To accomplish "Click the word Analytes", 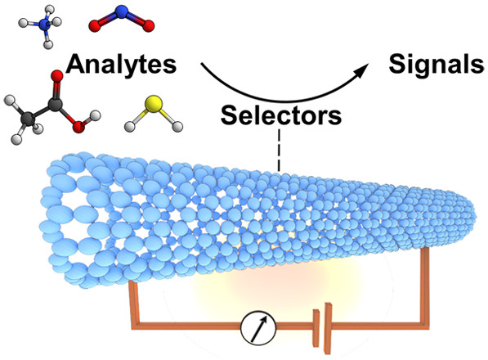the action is click(x=121, y=65).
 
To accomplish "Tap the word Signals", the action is click(x=437, y=65).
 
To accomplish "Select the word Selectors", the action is click(x=281, y=115).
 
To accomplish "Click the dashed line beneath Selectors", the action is click(x=280, y=151).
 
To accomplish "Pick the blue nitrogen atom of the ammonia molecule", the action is click(x=45, y=25).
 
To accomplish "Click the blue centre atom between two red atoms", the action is click(x=122, y=11).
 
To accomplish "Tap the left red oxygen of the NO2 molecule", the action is click(x=95, y=26).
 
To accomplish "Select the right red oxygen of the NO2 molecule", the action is click(x=149, y=26).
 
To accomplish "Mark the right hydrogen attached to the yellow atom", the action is click(x=177, y=127).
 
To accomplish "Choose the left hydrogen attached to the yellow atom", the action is click(x=129, y=127).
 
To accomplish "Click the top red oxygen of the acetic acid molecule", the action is click(x=57, y=75).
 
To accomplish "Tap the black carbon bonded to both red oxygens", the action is click(x=55, y=105).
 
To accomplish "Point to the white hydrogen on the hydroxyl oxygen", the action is click(x=95, y=115).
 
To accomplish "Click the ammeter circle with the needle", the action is click(x=258, y=327).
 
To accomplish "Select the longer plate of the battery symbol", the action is click(x=328, y=328).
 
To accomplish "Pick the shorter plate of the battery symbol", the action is click(x=316, y=328).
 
